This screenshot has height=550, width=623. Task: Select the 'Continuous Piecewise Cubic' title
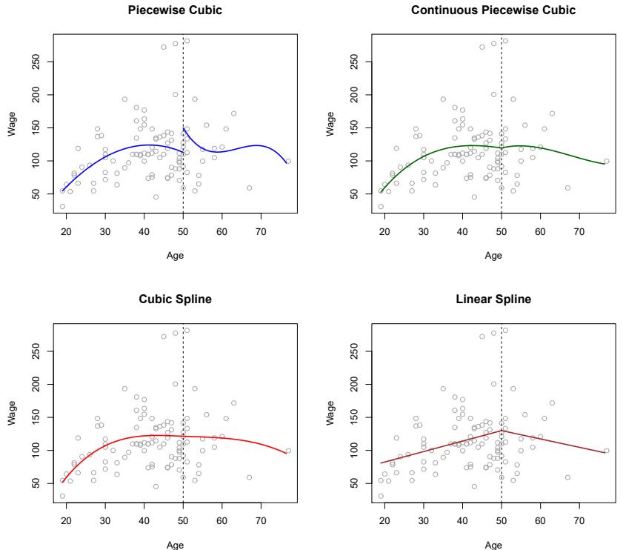[493, 10]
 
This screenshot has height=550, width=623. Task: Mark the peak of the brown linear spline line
[502, 430]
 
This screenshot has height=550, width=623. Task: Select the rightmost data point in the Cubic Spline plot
[288, 450]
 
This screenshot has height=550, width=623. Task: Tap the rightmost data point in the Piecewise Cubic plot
[288, 161]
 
